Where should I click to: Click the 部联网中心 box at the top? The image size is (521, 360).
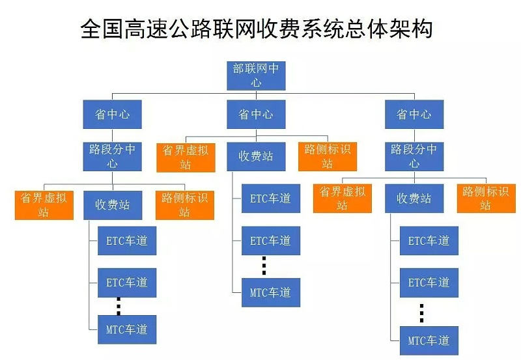[x=256, y=76]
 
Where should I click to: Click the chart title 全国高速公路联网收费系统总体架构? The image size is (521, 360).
[x=257, y=29]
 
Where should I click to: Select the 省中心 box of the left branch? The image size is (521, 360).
[x=113, y=115]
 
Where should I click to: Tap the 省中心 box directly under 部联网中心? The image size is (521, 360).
[x=256, y=115]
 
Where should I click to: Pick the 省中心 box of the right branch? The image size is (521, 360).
[x=414, y=115]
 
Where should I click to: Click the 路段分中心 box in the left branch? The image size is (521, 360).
[x=113, y=156]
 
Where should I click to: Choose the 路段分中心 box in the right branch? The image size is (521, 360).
[x=414, y=156]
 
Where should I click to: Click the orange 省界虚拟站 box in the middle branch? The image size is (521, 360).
[x=186, y=157]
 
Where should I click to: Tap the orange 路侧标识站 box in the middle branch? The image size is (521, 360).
[x=327, y=157]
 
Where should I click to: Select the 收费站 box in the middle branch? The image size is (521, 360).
[x=256, y=157]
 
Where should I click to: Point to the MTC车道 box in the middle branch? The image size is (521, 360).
[x=271, y=292]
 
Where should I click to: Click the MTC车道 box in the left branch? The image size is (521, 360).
[x=127, y=329]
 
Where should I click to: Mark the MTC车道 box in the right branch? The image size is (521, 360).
[x=429, y=340]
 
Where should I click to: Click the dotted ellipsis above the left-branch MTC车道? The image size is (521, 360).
[x=119, y=306]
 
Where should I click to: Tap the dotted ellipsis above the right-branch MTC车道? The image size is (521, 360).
[x=421, y=313]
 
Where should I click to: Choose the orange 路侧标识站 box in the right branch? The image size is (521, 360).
[x=486, y=199]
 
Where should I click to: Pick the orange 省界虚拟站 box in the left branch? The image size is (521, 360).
[x=44, y=205]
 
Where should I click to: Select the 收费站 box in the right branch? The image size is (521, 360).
[x=414, y=199]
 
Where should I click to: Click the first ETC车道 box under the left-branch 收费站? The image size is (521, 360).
[x=127, y=241]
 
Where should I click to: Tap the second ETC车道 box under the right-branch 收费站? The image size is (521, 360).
[x=429, y=283]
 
